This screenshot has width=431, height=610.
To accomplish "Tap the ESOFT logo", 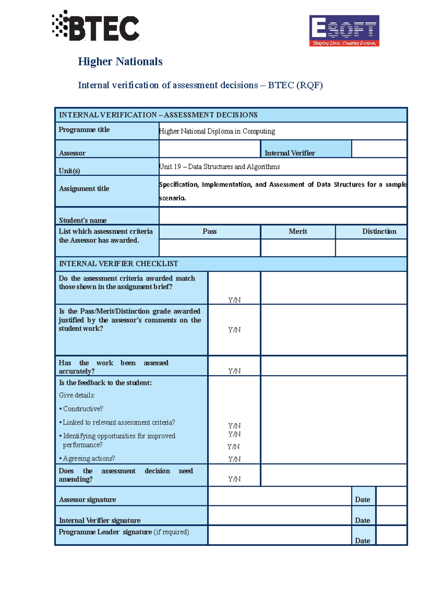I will point(344,31).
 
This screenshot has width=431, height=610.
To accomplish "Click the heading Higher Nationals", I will point(120,61).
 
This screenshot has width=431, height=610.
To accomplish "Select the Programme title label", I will point(84,130).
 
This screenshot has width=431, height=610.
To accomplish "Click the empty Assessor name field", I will point(209,149).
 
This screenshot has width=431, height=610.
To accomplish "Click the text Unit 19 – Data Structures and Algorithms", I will point(219,167).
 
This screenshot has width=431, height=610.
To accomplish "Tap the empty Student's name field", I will point(283,216).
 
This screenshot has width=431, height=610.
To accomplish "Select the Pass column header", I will point(209,232).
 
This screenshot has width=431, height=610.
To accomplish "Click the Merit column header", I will point(298,232).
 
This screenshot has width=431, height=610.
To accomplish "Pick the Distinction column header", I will point(379,232).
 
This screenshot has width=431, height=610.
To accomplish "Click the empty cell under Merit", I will point(298,248).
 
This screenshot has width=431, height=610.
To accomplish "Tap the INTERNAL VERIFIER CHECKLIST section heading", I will point(118,264).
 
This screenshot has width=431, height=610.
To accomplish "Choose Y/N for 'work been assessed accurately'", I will point(234,371).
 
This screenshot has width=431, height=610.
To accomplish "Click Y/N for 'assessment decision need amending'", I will point(234,479).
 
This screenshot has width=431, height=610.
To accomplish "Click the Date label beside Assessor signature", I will point(362,499).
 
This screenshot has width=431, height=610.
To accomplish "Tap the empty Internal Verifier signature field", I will point(279,516).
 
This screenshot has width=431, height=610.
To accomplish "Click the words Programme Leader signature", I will point(105,532).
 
